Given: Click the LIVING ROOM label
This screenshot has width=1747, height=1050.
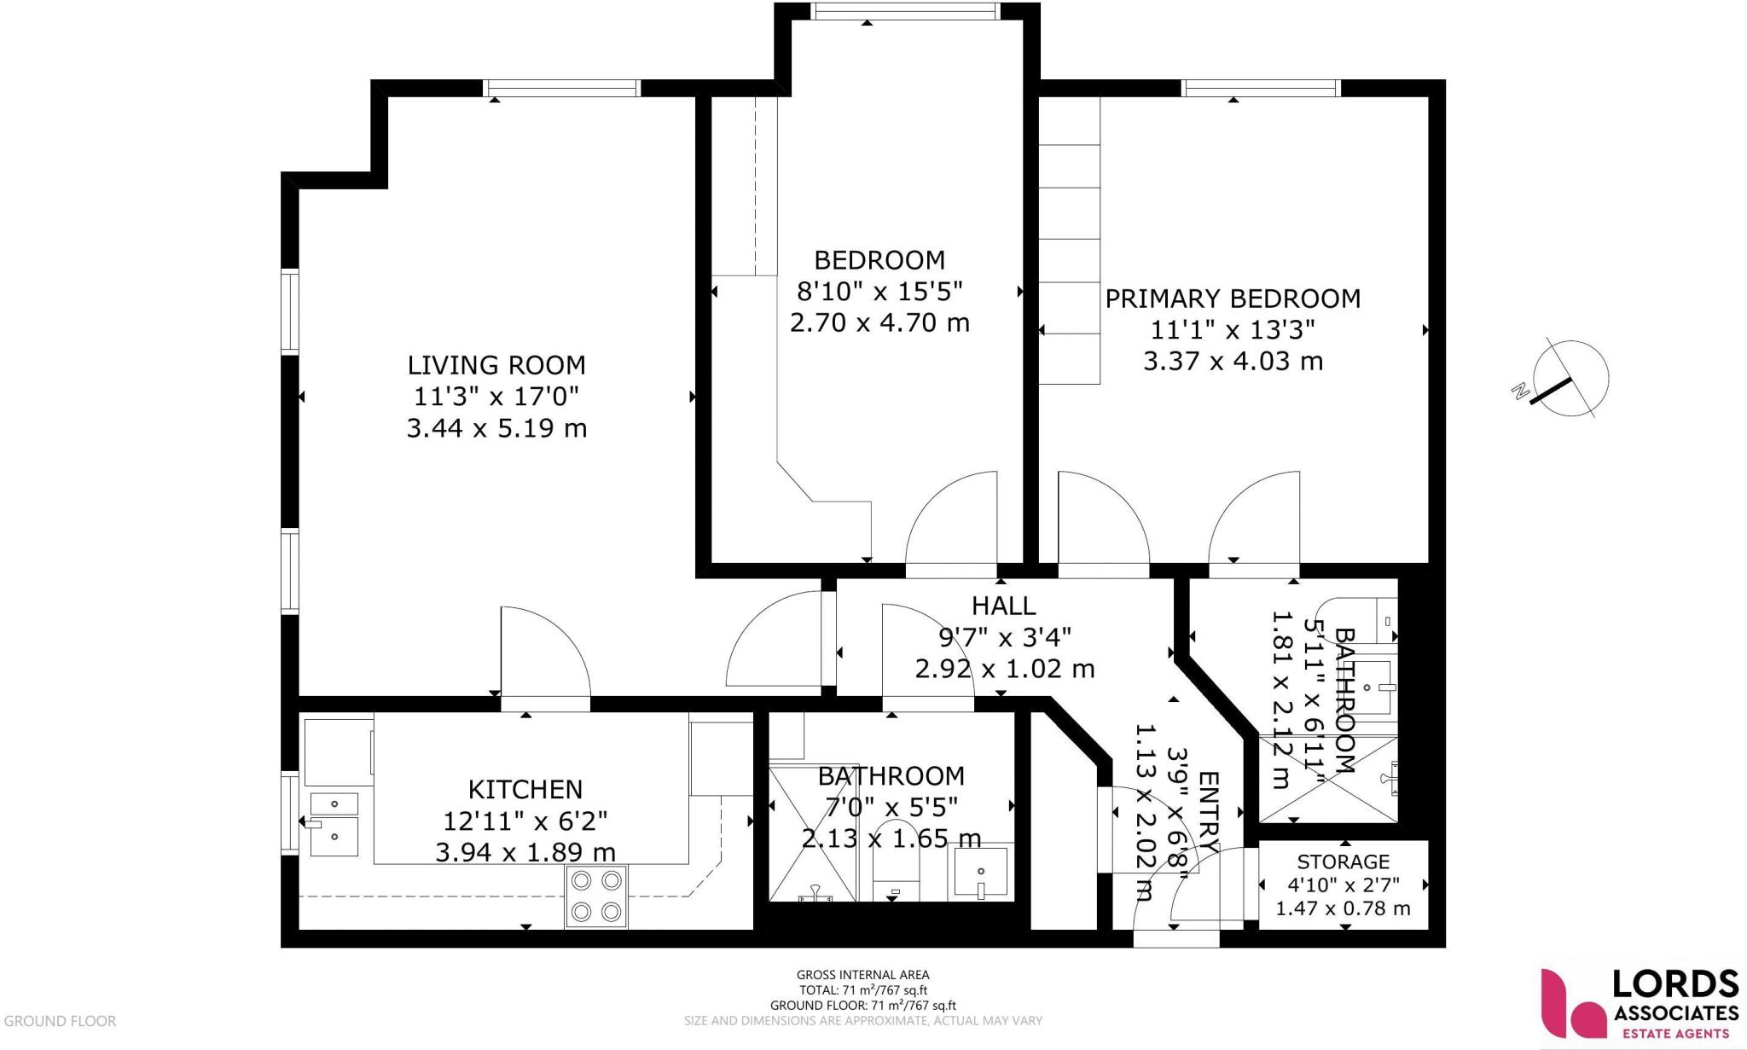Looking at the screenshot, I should coord(496,365).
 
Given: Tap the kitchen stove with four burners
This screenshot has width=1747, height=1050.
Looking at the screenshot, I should coord(596,896).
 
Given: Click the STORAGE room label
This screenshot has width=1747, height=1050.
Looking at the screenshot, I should coord(1343,861).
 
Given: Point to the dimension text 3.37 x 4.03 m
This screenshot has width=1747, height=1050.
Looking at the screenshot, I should coord(1233,361).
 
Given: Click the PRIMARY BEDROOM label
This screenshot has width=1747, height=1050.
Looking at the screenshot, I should coord(1233,299).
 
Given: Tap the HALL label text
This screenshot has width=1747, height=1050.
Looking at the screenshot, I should coord(1003,606).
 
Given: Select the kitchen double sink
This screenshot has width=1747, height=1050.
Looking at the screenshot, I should coord(334,823).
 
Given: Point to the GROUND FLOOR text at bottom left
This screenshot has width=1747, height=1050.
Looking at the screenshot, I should coord(59,1020).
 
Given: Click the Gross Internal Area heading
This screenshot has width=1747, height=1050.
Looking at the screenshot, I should coord(862,974).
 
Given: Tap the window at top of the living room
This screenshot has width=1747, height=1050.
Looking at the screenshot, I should coord(561,88).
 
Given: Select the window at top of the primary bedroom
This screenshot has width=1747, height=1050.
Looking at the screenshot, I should coord(1261,88).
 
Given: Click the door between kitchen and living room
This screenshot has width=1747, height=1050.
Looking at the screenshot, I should coord(544,657).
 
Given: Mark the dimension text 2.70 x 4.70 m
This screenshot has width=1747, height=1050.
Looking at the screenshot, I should coord(879,323).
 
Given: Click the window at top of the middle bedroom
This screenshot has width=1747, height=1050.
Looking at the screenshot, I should coord(905,10).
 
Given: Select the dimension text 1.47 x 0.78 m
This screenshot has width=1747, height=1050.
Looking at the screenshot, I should coord(1343,909).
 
